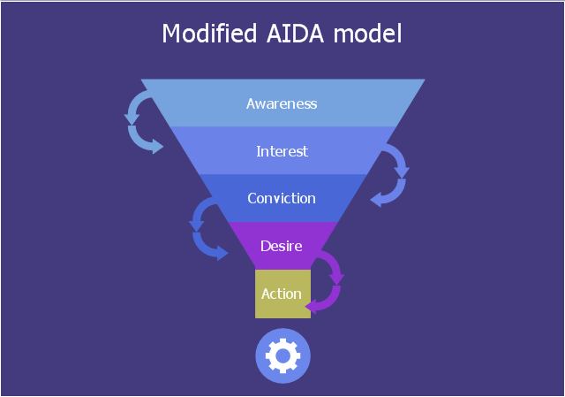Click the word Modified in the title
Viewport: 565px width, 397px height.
point(204,34)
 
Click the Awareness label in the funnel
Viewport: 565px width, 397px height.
point(282,103)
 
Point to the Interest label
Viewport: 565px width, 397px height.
point(282,151)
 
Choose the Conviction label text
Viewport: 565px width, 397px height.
point(282,198)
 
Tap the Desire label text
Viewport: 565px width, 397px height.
point(282,245)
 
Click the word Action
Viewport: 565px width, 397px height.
point(282,294)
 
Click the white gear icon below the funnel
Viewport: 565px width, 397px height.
point(282,356)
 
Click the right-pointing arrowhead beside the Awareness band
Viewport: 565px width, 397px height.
point(157,147)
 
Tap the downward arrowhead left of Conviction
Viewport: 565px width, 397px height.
point(197,225)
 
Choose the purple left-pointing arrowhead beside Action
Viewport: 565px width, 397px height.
point(312,305)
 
